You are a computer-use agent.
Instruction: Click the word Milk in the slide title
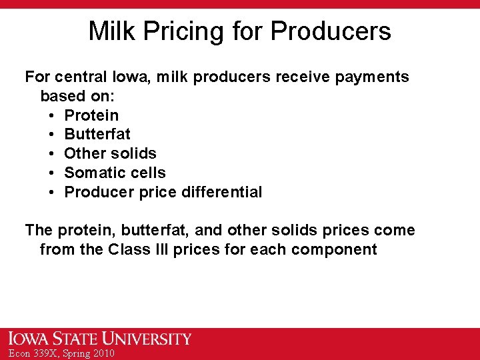click(x=110, y=31)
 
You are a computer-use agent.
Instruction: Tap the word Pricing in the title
click(x=180, y=31)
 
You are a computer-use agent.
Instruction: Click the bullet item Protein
click(x=91, y=115)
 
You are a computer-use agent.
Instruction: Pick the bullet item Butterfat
click(x=97, y=134)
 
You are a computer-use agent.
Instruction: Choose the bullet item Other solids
click(x=110, y=153)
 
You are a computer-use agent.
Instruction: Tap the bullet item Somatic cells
click(x=115, y=173)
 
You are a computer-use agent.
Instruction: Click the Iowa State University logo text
click(x=100, y=339)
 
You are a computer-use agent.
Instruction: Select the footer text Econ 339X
click(x=31, y=353)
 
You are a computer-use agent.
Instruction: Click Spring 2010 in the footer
click(x=89, y=353)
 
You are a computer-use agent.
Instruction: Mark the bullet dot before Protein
click(x=51, y=115)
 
